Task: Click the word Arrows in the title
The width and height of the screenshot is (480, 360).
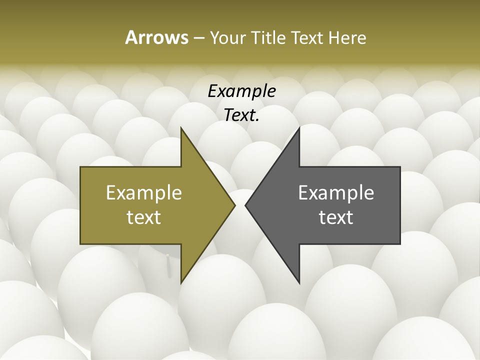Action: point(156,37)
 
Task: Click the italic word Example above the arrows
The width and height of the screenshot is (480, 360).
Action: point(241,91)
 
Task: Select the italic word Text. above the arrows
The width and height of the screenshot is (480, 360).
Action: point(241,115)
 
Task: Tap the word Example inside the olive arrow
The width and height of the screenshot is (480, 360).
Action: point(143,192)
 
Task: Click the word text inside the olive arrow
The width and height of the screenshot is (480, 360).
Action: point(143,217)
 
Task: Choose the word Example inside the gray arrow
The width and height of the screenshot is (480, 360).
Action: point(336,192)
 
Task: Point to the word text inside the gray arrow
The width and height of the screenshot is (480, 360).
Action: point(336,217)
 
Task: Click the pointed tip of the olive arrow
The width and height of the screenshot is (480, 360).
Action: point(234,205)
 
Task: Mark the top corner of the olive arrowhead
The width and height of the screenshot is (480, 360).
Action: point(181,128)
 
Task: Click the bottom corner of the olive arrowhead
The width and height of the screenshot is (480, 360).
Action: point(181,282)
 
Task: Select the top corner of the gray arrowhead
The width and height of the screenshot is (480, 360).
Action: point(299,128)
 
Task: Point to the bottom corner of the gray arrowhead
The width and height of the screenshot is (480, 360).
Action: point(299,282)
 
